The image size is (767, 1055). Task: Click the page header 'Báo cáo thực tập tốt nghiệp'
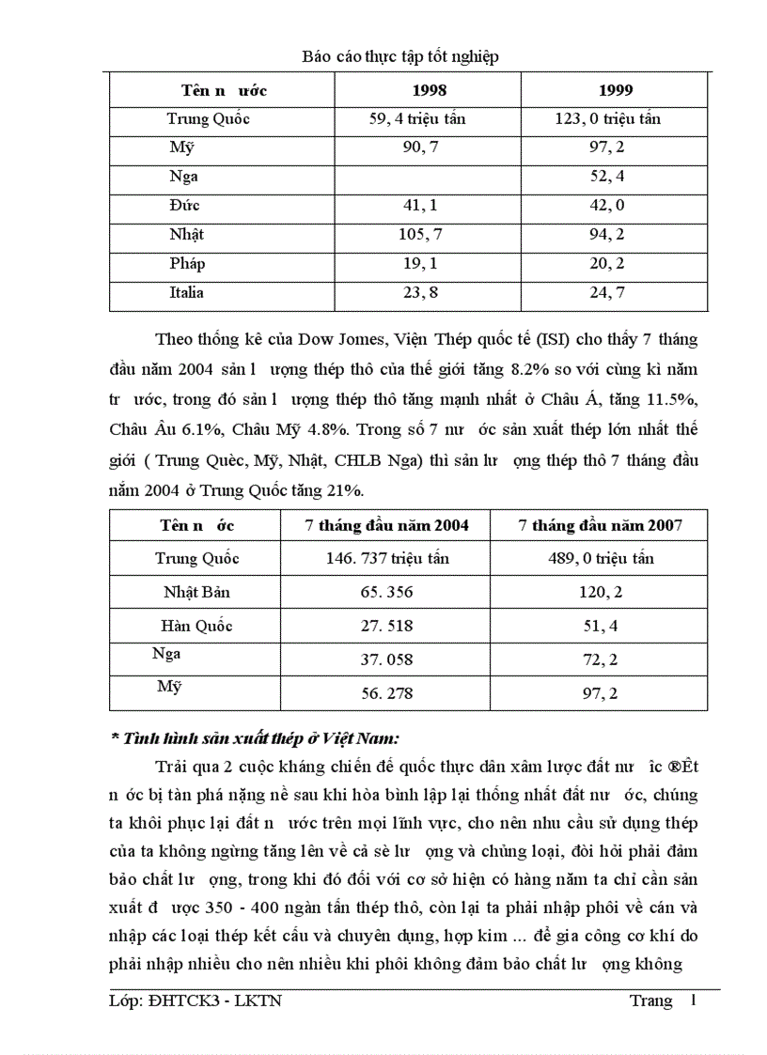pos(400,56)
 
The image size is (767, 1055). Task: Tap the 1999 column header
pos(616,90)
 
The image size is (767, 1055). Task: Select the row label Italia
pos(186,292)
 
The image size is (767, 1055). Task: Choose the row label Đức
pos(185,205)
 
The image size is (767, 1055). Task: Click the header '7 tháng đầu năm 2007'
pos(600,525)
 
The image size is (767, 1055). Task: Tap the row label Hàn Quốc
pos(196,626)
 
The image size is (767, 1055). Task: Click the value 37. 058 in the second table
pos(386,659)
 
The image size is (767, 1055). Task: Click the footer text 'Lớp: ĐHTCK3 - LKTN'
pos(195,1001)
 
